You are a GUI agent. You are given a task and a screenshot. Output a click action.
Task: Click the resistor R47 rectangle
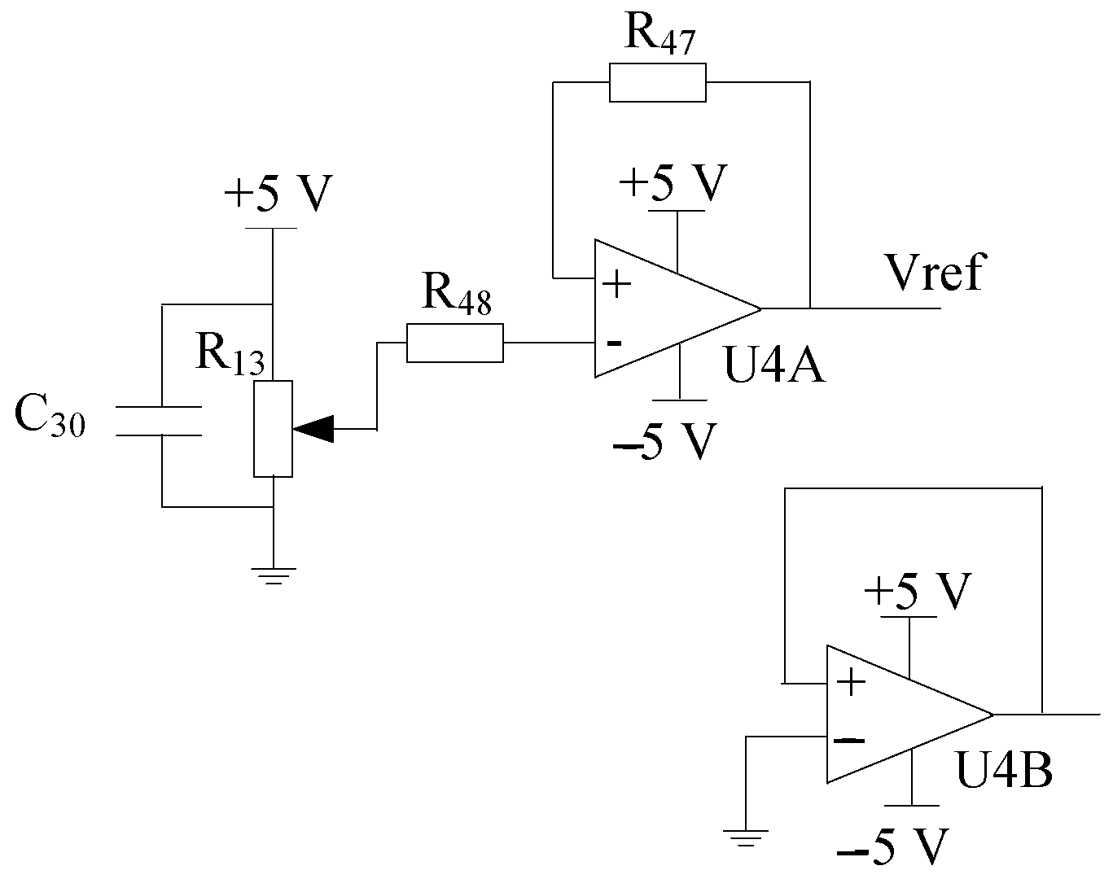[x=657, y=83]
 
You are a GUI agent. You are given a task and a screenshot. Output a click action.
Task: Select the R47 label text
[x=659, y=34]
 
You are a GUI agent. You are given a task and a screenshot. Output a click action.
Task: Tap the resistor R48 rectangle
[x=454, y=343]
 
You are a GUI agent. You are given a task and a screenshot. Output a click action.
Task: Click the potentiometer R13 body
[x=273, y=428]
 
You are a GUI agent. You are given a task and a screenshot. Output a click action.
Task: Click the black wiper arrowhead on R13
[x=314, y=428]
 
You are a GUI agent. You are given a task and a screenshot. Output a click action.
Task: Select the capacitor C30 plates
[x=160, y=420]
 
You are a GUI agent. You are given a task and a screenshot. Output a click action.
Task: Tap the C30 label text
[x=49, y=418]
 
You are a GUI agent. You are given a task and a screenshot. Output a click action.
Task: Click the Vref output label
[x=935, y=272]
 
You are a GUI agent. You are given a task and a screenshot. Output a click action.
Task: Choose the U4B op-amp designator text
[x=1004, y=769]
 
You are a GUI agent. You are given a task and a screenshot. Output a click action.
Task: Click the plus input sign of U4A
[x=617, y=285]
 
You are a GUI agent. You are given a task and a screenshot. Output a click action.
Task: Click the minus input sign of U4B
[x=849, y=741]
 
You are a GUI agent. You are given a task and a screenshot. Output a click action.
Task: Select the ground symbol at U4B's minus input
[x=745, y=836]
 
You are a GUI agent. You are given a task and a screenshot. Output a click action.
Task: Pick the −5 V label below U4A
[x=665, y=442]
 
